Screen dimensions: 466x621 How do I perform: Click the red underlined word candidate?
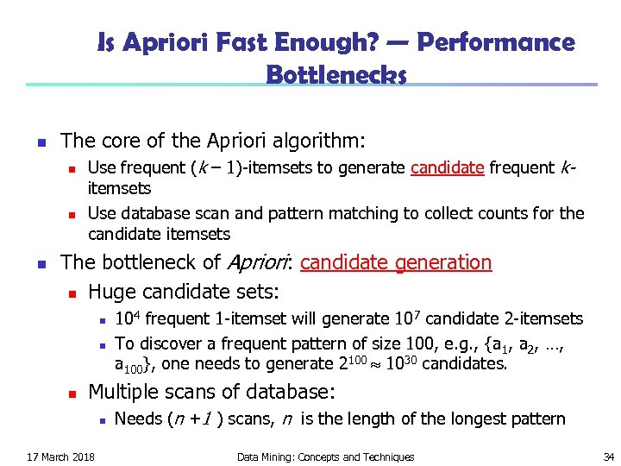447,167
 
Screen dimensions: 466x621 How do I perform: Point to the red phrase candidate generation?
396,262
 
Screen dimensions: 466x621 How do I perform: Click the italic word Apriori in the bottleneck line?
256,262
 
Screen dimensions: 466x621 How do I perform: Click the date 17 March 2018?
61,457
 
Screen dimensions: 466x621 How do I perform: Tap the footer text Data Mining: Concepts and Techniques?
325,457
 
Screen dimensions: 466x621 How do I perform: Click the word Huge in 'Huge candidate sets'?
110,292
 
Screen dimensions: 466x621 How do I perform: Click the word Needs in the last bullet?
136,419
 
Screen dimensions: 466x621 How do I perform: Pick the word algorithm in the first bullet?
323,140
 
